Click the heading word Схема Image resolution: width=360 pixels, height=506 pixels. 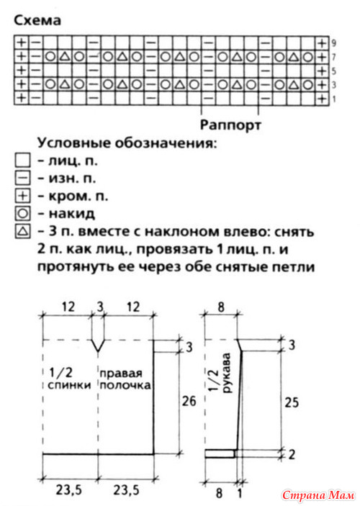37,21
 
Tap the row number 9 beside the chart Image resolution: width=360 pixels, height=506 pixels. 334,43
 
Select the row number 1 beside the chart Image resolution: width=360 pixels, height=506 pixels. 334,99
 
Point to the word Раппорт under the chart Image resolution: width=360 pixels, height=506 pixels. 230,125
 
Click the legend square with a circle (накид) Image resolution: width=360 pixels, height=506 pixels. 22,214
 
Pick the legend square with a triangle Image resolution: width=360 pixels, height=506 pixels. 22,231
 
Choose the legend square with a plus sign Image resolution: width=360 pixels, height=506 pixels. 22,196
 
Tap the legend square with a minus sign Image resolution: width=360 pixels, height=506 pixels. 22,178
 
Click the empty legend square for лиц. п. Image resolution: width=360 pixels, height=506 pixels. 22,161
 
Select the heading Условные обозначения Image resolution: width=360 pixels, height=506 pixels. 127,143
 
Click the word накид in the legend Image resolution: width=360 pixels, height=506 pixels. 72,213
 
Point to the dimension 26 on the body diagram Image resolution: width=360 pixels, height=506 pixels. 189,401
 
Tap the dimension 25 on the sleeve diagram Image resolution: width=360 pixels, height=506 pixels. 291,402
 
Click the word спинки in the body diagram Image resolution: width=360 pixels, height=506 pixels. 69,385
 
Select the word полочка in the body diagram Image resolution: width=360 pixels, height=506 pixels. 125,385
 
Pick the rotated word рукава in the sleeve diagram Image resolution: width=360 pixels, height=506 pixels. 227,372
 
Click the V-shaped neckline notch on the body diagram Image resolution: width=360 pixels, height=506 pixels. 98,345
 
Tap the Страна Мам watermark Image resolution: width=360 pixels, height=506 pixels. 318,495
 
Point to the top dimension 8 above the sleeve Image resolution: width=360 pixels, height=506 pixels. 221,307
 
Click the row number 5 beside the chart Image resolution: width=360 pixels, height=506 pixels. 334,71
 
